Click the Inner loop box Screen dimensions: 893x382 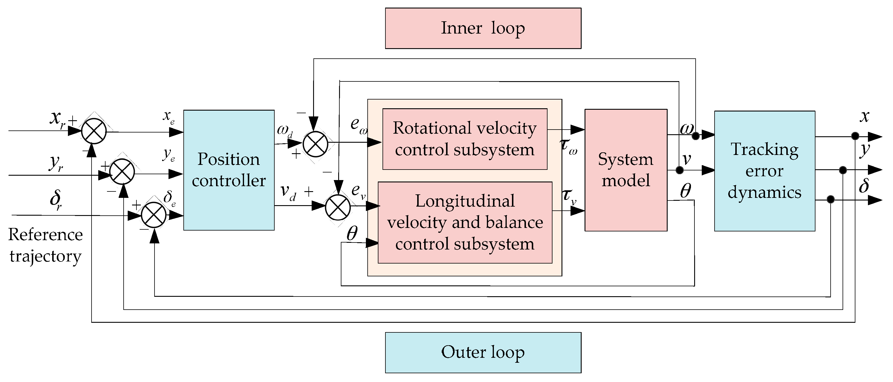[x=483, y=28]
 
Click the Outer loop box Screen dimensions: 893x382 [x=483, y=353]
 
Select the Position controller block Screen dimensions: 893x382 [x=229, y=170]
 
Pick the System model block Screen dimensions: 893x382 [x=626, y=170]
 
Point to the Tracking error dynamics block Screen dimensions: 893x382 [x=764, y=171]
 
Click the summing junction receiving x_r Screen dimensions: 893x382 [x=94, y=131]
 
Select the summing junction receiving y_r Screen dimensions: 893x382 [x=122, y=172]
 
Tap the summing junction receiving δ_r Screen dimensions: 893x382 [x=154, y=215]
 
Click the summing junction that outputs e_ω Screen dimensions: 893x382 [x=315, y=144]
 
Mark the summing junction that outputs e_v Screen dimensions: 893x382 [x=338, y=207]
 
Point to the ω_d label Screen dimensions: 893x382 [x=285, y=131]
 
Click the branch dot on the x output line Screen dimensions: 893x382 [x=855, y=135]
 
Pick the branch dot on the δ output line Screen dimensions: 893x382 [x=831, y=199]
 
